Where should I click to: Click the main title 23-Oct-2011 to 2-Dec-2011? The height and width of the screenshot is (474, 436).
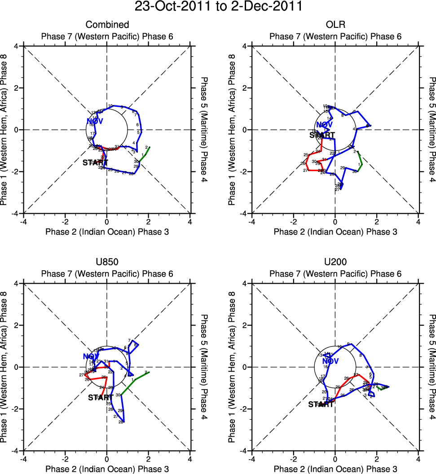pos(218,7)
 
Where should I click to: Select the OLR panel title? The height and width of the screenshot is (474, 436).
pos(335,25)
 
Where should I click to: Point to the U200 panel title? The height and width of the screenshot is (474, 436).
pos(335,262)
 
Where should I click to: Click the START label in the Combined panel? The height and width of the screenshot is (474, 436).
pos(95,162)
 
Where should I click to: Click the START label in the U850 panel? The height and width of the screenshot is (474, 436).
pos(101,397)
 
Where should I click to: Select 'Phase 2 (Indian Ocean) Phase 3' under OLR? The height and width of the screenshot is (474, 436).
pos(335,232)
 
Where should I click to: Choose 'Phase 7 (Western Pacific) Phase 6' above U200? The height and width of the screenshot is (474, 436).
pos(335,274)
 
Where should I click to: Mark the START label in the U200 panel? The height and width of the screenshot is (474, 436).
pos(320,404)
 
